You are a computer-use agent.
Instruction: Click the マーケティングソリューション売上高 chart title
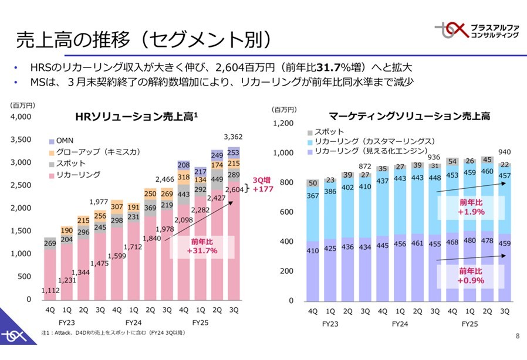(x=410, y=117)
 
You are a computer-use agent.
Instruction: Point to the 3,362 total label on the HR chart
(x=233, y=137)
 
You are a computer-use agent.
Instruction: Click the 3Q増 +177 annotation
(x=262, y=185)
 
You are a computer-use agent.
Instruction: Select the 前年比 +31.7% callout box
(x=202, y=246)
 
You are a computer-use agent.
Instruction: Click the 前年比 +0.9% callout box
(x=472, y=276)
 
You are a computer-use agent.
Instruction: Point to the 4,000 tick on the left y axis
(x=22, y=117)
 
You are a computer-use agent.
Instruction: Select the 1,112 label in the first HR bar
(x=51, y=289)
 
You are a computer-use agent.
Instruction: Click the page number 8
(x=517, y=336)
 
